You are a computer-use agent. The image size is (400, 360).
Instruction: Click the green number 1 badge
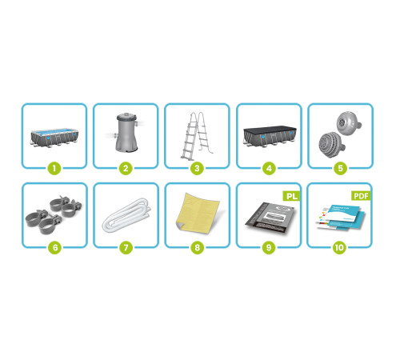54,169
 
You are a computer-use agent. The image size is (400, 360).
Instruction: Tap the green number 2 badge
126,169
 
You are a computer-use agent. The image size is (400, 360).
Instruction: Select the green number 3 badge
197,169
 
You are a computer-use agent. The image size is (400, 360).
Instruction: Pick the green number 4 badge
269,169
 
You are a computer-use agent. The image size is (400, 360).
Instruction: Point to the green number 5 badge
340,169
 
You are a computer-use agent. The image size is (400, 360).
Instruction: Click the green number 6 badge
55,248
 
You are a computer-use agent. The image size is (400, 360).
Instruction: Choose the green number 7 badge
126,248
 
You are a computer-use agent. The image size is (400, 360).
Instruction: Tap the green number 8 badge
198,248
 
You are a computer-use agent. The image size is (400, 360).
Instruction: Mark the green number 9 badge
269,248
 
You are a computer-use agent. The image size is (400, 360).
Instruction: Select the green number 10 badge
339,248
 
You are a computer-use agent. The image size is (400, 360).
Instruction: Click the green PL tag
291,196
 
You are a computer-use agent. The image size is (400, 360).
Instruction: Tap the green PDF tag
361,196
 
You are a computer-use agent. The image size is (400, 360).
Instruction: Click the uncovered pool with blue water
54,138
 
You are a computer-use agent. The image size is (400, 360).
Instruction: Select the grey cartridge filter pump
126,133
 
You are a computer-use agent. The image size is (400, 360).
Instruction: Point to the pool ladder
197,136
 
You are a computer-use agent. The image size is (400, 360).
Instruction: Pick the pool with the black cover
270,136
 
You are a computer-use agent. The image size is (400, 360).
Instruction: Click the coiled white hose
127,215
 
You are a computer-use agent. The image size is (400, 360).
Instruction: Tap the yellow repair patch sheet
198,214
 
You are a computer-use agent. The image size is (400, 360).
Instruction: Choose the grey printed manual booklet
270,218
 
